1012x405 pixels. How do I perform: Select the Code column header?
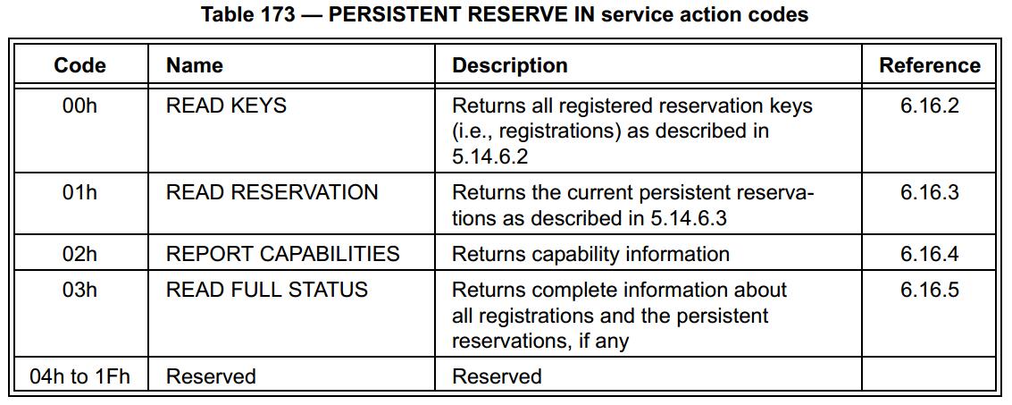(x=79, y=65)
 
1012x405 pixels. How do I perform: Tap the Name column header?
(x=195, y=65)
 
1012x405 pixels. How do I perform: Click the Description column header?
(x=510, y=65)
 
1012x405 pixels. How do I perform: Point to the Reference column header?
(x=930, y=65)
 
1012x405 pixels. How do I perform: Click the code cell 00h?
(x=79, y=105)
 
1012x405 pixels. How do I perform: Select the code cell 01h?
(x=79, y=192)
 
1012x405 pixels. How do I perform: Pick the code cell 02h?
(x=79, y=253)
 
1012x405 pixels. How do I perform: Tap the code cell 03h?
(x=79, y=290)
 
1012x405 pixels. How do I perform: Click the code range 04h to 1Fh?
(x=79, y=376)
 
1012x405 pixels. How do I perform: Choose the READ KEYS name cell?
(x=227, y=105)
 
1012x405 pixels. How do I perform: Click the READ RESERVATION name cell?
(x=272, y=192)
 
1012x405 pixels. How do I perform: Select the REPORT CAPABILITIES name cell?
(x=282, y=253)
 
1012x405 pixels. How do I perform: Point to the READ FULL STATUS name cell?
(x=266, y=290)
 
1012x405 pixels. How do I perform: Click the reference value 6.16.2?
(x=930, y=105)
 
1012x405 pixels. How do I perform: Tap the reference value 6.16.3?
(x=930, y=192)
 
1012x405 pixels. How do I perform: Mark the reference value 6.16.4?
(x=930, y=253)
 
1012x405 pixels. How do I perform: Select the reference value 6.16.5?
(x=930, y=290)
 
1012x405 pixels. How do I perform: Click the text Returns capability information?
(x=590, y=253)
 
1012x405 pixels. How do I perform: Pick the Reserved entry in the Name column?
(x=211, y=376)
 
